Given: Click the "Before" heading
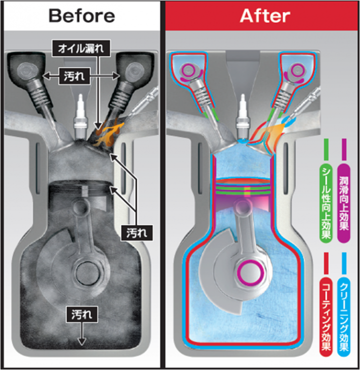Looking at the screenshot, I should tap(82, 16).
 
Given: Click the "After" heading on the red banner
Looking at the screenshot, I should tap(264, 16).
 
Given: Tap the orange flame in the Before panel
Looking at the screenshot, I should tap(106, 131).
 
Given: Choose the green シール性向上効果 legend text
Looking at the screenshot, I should tap(326, 203).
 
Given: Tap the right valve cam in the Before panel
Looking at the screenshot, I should tap(132, 70).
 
